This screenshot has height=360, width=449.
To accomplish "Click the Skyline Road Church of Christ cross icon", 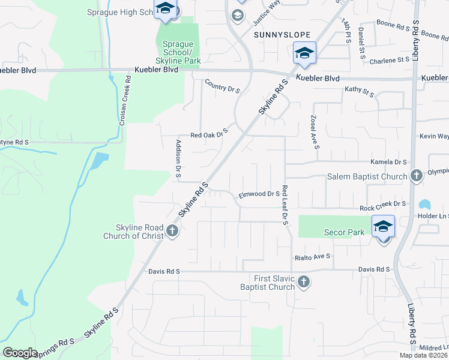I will [x=172, y=230].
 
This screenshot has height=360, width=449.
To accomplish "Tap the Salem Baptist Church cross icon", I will [x=416, y=176].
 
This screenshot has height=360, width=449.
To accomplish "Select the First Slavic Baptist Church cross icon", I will [x=304, y=281].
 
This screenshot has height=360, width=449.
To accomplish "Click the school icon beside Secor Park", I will [x=383, y=227].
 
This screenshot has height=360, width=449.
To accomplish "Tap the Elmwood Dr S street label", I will [x=259, y=194].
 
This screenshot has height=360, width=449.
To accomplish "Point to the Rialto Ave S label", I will [x=313, y=256].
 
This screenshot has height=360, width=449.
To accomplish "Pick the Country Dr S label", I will [x=222, y=86].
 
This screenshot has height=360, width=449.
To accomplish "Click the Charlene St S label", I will [x=390, y=60].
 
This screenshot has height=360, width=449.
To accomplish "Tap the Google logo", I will [x=20, y=353].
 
